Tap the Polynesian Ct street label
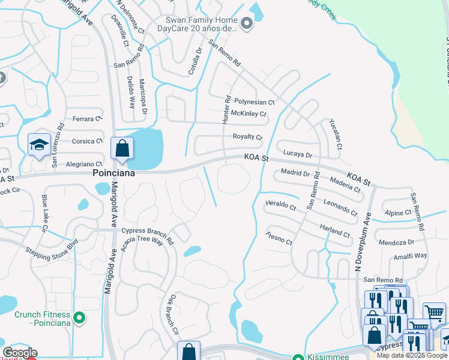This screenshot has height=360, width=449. [x=254, y=103]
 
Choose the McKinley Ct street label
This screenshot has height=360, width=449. [x=249, y=114]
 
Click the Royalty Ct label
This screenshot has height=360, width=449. [x=247, y=137]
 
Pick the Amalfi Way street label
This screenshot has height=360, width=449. [x=411, y=256]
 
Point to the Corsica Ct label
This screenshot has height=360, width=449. [x=87, y=142]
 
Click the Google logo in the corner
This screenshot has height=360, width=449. [x=20, y=353]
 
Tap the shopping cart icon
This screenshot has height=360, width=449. [x=434, y=311]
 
